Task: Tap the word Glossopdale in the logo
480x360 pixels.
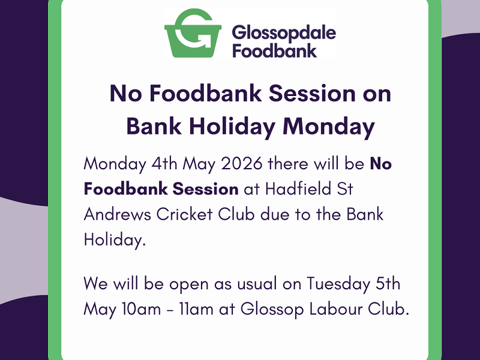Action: (x=283, y=31)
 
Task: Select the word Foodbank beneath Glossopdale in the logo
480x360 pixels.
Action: (x=274, y=50)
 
